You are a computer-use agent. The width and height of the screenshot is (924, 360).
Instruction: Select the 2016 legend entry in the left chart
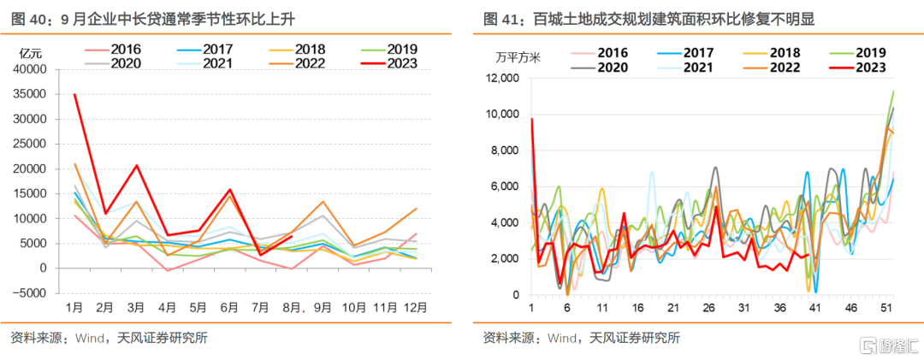[113, 50]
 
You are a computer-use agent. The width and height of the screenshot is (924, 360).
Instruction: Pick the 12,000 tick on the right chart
[503, 79]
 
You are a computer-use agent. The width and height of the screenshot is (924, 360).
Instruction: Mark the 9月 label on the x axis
[320, 308]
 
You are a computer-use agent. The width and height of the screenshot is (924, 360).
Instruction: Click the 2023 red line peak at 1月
[74, 94]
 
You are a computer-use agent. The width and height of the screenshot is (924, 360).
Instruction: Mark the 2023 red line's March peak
[137, 165]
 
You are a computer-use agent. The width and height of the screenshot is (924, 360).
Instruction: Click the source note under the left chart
[109, 338]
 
